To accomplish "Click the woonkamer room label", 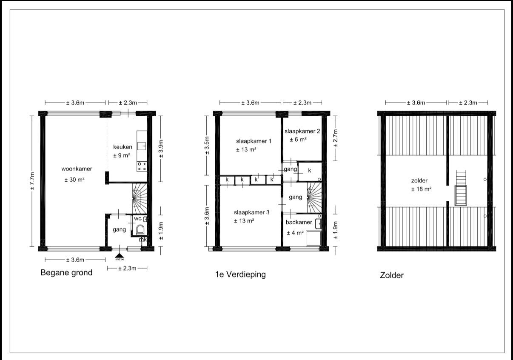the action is pos(77,169).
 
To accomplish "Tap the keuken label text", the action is pos(123,147).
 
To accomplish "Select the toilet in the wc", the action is pos(140,230).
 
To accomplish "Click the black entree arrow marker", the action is pos(120,256).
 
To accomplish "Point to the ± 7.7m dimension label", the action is pos(32,181).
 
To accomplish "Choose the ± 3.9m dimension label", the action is pos(161,149).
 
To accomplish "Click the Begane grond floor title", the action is pos(66,272).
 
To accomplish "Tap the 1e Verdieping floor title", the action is pos(240,274).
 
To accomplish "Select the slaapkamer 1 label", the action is pos(254,141).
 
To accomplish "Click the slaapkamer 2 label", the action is pos(302,131).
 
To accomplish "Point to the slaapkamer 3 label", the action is pos(251,212).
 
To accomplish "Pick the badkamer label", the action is pos(299,222).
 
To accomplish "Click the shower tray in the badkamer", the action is pos(313,238).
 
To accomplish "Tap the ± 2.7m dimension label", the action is pos(336,138).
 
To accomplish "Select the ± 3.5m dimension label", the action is pos(207,145).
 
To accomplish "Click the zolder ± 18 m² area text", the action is pos(421,189).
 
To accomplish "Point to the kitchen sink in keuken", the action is pos(142,146).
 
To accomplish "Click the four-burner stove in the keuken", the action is pos(142,166).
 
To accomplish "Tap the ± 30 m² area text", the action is pos(74,180).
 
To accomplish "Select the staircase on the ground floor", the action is pos(140,198).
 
